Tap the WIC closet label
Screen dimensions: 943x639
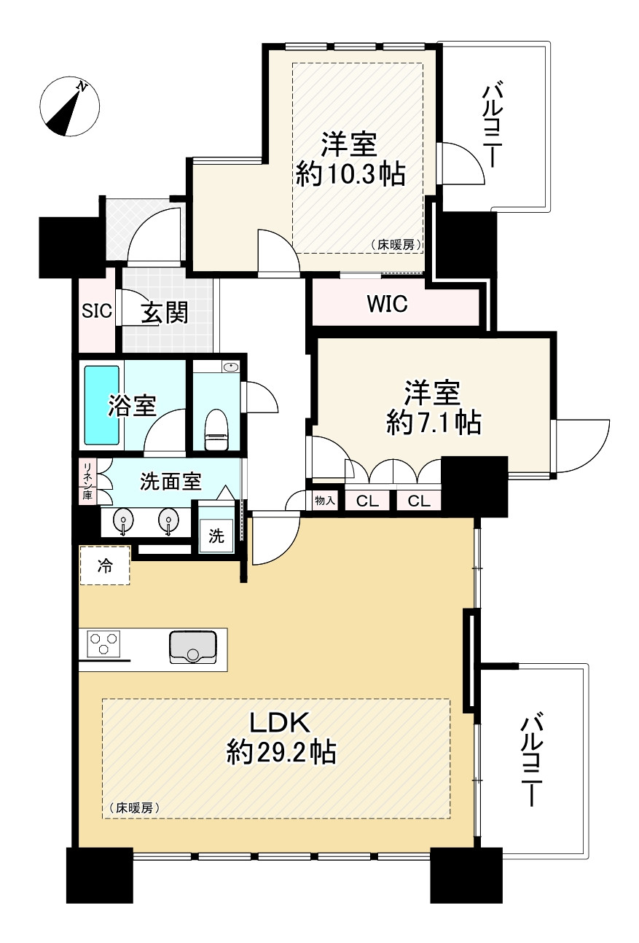pos(387,304)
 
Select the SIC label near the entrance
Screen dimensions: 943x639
pos(96,312)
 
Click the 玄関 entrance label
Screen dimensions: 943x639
pos(165,313)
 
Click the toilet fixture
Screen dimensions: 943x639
pos(217,430)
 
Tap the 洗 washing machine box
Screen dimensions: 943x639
pos(216,537)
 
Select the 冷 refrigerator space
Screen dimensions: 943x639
pos(105,566)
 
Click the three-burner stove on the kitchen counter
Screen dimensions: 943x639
pos(103,644)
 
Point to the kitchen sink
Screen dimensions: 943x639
pos(192,647)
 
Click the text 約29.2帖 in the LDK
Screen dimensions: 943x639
pos(281,751)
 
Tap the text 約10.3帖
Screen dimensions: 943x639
pos(350,174)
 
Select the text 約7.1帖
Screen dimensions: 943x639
pos(434,421)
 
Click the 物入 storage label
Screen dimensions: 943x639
pos(324,501)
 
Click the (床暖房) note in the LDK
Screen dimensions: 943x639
pos(133,808)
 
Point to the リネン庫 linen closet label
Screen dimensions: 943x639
pos(87,480)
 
